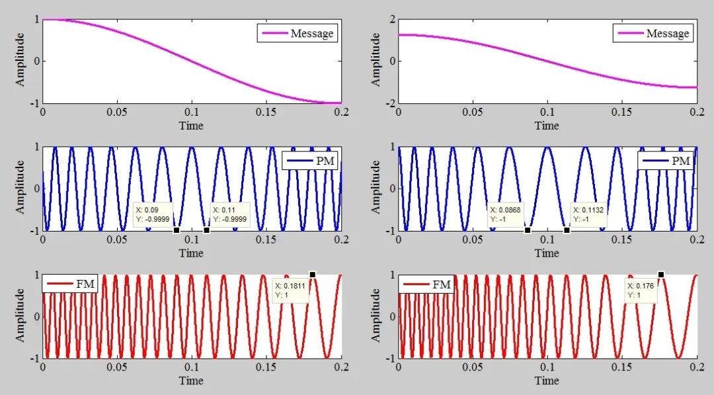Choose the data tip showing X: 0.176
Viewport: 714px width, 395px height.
point(641,290)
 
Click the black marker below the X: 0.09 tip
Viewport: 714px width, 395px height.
point(176,230)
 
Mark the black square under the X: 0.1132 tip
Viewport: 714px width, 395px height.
point(567,230)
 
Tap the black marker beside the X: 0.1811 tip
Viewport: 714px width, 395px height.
point(313,274)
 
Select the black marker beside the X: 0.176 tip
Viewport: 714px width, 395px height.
point(660,274)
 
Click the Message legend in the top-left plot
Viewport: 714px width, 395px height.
point(297,33)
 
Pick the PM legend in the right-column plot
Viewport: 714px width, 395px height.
point(665,160)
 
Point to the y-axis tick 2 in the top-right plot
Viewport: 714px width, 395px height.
point(391,19)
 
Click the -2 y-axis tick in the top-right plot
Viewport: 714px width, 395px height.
point(389,103)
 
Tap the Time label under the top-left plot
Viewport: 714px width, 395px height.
point(191,126)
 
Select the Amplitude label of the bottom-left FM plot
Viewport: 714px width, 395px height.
point(20,315)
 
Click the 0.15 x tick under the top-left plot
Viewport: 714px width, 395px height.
point(266,113)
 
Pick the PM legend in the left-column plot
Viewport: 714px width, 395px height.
point(311,160)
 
